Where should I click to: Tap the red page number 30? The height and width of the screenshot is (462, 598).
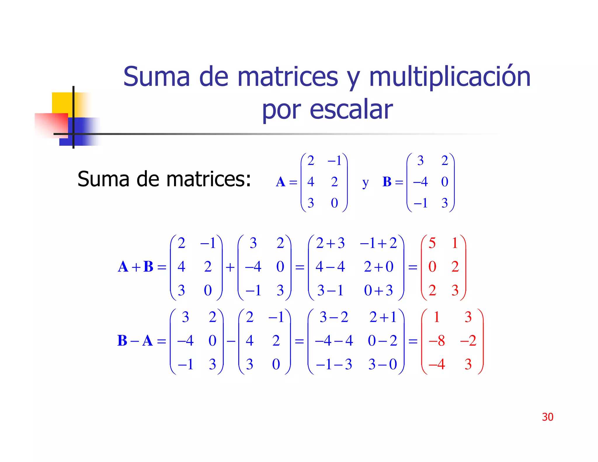click(547, 417)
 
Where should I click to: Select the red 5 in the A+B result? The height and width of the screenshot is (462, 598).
click(432, 243)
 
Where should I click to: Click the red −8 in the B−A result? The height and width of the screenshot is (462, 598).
click(437, 341)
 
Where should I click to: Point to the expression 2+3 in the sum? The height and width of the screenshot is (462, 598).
click(330, 243)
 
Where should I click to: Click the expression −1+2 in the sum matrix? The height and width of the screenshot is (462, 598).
click(378, 243)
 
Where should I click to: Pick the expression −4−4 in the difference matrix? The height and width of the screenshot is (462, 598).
click(334, 341)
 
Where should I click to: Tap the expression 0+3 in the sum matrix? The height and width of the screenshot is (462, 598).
click(378, 290)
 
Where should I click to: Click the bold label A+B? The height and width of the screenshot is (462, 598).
click(135, 267)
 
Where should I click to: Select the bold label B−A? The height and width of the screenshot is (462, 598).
click(135, 341)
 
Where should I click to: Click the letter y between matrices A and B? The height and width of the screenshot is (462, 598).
click(365, 183)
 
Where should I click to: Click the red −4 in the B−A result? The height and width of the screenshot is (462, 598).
click(437, 364)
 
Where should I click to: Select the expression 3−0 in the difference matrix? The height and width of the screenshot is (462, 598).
click(383, 364)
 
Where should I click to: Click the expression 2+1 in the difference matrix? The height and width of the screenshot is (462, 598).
click(383, 317)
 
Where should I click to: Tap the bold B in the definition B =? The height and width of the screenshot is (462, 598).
click(387, 182)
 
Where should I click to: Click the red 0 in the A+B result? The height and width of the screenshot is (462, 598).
click(432, 267)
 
